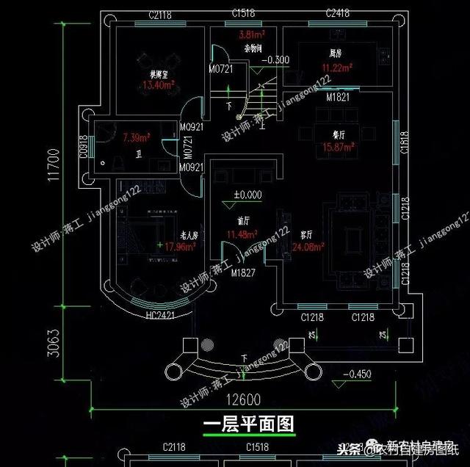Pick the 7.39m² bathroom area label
click(136, 137)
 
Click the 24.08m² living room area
click(308, 247)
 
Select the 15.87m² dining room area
click(338, 147)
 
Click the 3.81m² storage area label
click(252, 35)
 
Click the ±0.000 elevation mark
click(247, 195)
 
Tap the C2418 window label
click(339, 14)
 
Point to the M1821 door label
click(338, 97)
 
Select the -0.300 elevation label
click(275, 59)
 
